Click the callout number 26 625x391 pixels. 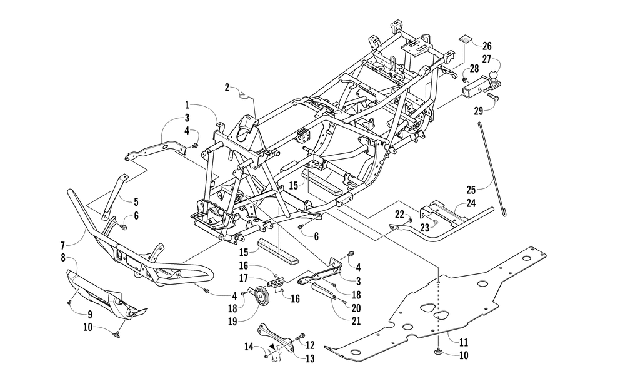click(487, 46)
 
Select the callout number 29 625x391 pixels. click(479, 111)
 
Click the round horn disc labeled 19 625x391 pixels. click(262, 297)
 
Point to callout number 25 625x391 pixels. click(471, 189)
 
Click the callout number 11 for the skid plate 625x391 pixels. click(464, 342)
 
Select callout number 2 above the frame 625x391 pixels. click(227, 88)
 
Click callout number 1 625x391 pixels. click(187, 105)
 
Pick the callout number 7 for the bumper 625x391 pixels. click(62, 245)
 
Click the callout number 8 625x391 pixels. click(63, 258)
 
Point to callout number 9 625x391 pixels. click(90, 315)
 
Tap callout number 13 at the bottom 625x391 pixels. click(310, 358)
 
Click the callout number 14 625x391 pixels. click(249, 347)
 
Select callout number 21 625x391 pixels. click(356, 321)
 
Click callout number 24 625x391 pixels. click(471, 203)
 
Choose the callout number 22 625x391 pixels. click(400, 214)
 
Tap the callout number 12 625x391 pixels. click(310, 344)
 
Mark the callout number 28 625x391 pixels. click(474, 69)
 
